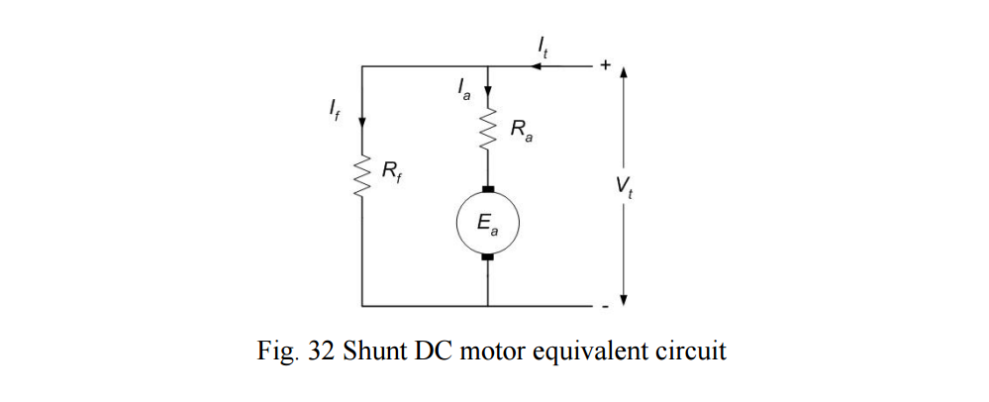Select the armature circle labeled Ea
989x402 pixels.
pos(487,223)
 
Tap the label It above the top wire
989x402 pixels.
pos(542,45)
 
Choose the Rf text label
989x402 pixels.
pos(392,172)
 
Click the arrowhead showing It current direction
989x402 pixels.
pos(536,66)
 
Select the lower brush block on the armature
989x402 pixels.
pos(487,259)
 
